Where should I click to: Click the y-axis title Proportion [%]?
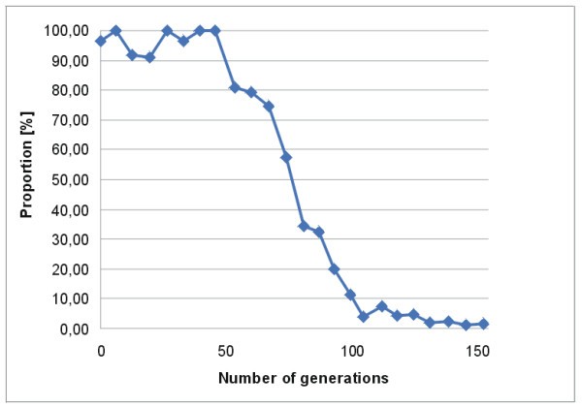click(x=28, y=179)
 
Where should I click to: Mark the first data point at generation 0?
click(x=101, y=41)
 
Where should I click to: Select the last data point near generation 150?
click(x=482, y=324)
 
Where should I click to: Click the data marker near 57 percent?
click(x=286, y=157)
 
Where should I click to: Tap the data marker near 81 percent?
click(x=235, y=87)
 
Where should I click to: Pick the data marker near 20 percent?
click(x=335, y=268)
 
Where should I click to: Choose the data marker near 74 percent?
click(x=269, y=107)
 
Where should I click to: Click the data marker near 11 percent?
click(x=350, y=295)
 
